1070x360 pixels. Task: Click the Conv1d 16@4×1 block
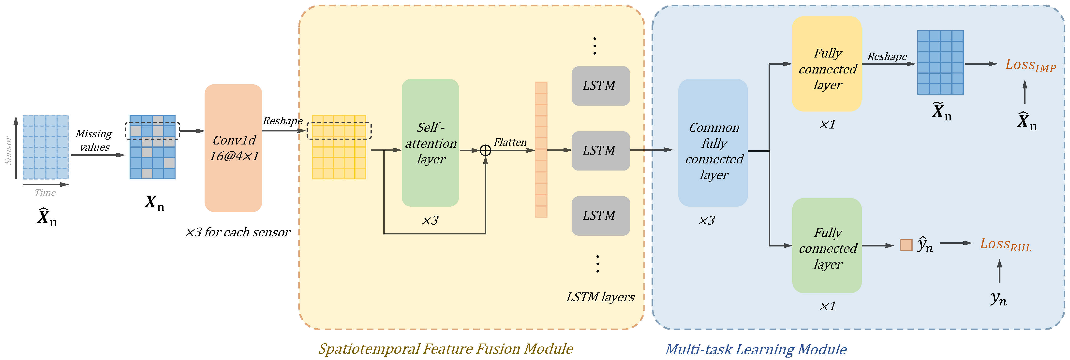click(x=233, y=148)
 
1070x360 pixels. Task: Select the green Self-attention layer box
click(x=430, y=143)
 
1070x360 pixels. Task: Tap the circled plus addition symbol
click(x=485, y=150)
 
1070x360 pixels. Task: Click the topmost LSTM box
click(x=601, y=86)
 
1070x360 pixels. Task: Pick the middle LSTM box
click(x=601, y=151)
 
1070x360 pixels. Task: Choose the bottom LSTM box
click(x=601, y=216)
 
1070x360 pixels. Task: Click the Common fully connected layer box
click(x=713, y=143)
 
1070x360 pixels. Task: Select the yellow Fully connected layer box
click(x=827, y=64)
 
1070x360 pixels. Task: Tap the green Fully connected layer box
click(x=827, y=245)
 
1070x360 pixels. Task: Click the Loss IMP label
click(x=1031, y=65)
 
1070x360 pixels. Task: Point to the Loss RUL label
click(x=1006, y=244)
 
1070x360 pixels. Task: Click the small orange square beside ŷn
click(x=906, y=245)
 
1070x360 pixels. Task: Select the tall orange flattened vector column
click(x=541, y=149)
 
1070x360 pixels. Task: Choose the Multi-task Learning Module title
click(x=756, y=350)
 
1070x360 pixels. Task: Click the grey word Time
click(x=45, y=193)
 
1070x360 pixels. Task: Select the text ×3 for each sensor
click(x=238, y=232)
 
